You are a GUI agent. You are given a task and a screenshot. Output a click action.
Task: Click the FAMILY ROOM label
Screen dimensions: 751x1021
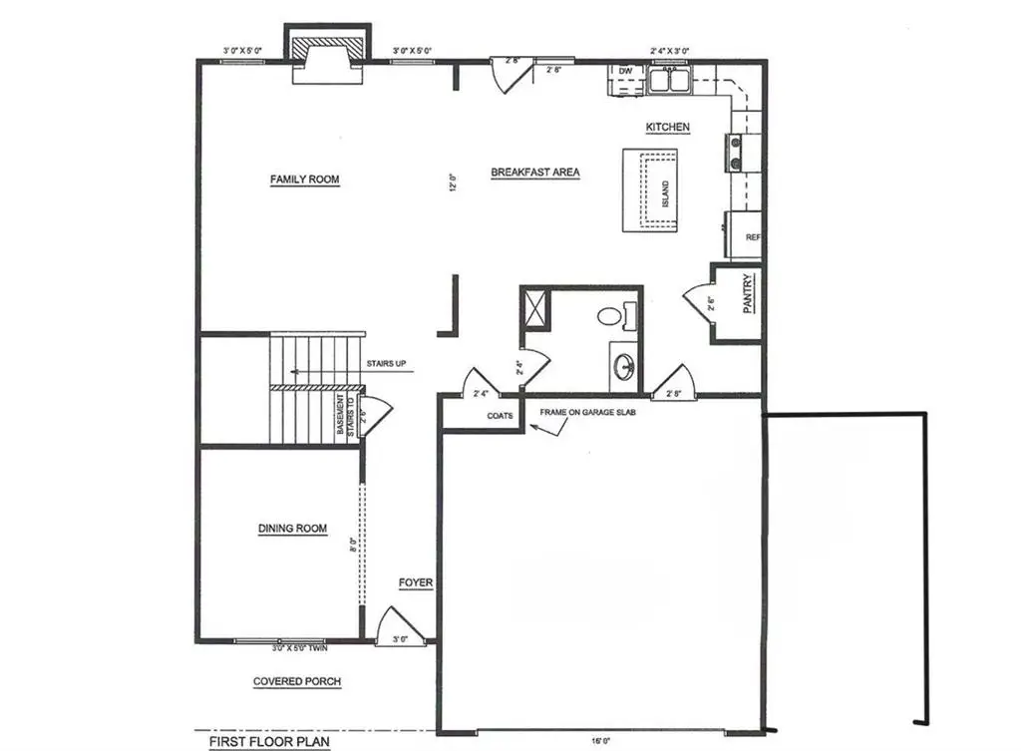click(x=304, y=180)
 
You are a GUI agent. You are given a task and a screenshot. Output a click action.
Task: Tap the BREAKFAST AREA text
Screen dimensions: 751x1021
click(x=535, y=173)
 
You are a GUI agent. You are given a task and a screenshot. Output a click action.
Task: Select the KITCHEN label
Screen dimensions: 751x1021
click(x=668, y=127)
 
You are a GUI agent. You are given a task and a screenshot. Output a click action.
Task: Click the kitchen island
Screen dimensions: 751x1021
click(x=650, y=189)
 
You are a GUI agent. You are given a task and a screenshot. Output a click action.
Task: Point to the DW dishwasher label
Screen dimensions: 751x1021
click(x=626, y=72)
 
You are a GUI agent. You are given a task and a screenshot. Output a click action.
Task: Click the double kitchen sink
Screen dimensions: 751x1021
click(x=669, y=79)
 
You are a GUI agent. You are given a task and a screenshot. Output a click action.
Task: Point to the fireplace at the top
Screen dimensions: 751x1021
click(x=327, y=51)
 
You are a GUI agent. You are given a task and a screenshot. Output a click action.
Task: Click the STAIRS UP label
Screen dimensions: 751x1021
click(x=386, y=364)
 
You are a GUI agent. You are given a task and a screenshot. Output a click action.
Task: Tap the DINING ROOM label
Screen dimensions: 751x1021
click(x=292, y=529)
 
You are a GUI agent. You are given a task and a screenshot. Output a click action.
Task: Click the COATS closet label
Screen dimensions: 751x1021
click(x=500, y=417)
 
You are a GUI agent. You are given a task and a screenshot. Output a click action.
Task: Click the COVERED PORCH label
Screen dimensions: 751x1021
click(x=296, y=682)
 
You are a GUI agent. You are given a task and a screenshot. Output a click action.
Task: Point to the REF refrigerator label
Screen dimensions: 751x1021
click(x=753, y=237)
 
